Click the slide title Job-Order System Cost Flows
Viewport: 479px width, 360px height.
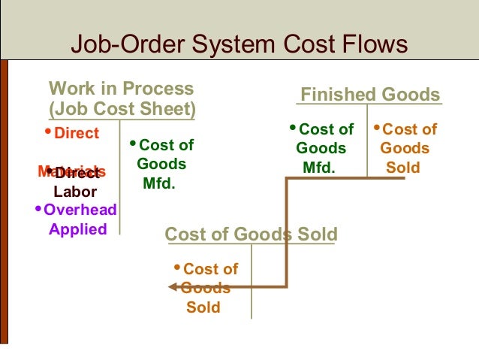(239, 44)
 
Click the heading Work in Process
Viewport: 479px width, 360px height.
(121, 89)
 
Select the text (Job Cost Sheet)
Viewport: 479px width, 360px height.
(122, 110)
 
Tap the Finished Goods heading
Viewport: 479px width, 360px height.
(369, 95)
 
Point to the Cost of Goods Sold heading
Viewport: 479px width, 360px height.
(251, 234)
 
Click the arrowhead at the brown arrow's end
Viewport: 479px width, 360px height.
(172, 286)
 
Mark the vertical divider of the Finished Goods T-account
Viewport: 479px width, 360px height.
(368, 143)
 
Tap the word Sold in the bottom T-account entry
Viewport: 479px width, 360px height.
(203, 307)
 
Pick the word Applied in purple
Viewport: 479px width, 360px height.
(77, 229)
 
